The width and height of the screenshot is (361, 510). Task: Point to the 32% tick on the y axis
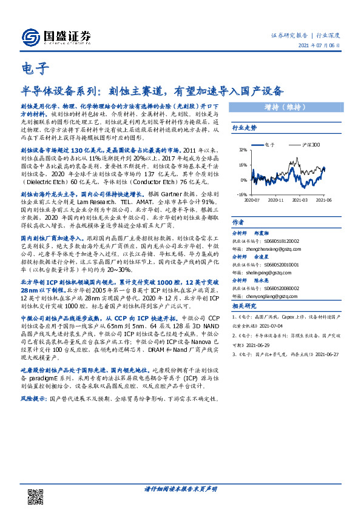[243, 149]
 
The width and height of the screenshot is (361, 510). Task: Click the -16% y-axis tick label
[242, 194]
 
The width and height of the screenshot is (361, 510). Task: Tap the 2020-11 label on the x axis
[275, 199]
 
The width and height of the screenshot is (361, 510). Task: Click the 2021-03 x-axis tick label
[302, 199]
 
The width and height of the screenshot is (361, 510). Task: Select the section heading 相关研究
[245, 306]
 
